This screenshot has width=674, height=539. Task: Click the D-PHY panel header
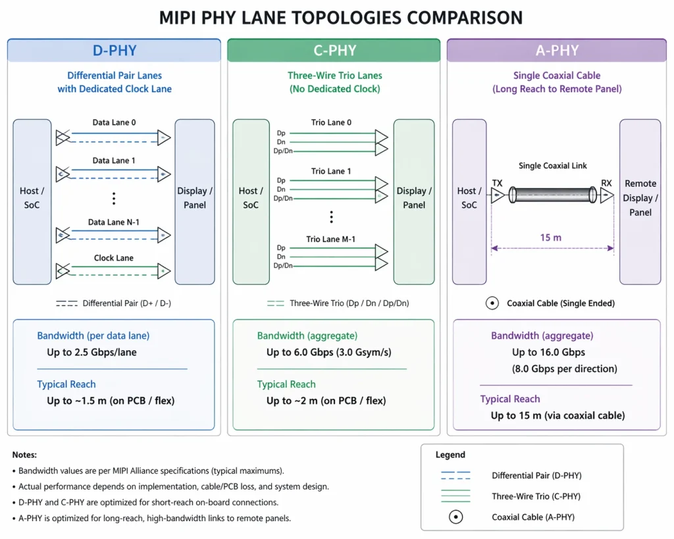tap(114, 51)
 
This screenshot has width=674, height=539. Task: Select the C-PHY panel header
tap(334, 51)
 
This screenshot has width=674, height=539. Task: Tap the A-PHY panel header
tap(556, 51)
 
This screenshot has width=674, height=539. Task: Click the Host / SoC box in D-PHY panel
tap(32, 201)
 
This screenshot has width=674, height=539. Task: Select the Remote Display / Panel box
tap(640, 201)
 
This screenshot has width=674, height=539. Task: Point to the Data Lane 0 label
tap(114, 122)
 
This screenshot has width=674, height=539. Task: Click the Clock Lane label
tap(114, 258)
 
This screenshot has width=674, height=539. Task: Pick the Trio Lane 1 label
tap(331, 171)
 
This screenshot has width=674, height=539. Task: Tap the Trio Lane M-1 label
tap(331, 240)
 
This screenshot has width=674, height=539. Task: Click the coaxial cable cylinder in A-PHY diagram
tap(552, 195)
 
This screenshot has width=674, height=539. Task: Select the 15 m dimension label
tap(550, 237)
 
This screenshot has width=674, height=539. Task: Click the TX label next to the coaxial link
tap(497, 183)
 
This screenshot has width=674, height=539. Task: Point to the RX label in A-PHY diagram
tap(606, 183)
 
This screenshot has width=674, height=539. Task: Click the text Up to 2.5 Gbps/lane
tap(91, 352)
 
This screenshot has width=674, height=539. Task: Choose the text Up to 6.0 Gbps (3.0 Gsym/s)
tap(328, 352)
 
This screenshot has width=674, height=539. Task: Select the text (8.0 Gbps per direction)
tap(564, 369)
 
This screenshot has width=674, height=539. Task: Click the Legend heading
tap(450, 455)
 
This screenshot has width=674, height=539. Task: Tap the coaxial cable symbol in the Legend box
tap(455, 517)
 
